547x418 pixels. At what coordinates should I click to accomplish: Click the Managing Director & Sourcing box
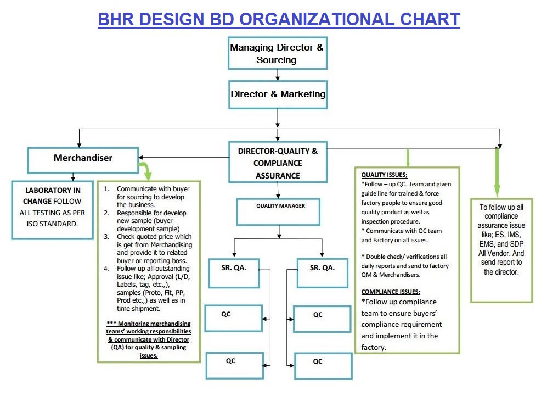(277, 53)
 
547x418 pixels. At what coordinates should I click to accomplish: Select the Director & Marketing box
(278, 94)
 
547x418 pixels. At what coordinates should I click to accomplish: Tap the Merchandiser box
(83, 158)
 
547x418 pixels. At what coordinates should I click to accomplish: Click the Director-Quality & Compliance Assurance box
(278, 163)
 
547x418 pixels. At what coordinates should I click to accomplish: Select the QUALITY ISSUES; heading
(384, 175)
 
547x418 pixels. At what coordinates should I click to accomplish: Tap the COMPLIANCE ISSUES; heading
(391, 292)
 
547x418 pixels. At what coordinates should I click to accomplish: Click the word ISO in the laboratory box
(29, 224)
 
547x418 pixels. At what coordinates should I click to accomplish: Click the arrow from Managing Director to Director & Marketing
(277, 75)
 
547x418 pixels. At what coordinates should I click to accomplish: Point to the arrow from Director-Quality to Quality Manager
(278, 191)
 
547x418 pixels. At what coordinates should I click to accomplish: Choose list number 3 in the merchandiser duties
(108, 237)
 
